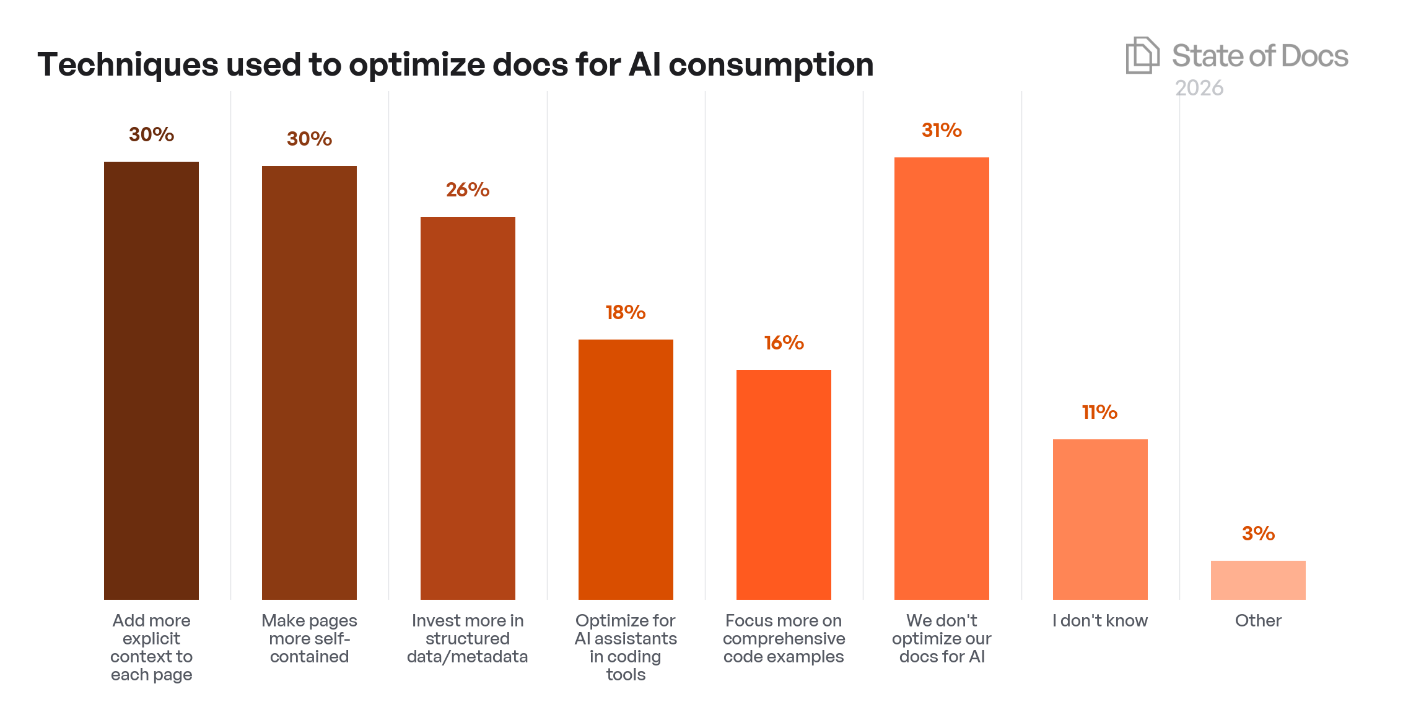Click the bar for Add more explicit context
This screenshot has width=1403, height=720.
tap(151, 380)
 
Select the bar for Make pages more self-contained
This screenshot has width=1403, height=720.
tap(309, 382)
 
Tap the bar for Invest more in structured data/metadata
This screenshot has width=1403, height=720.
tap(468, 408)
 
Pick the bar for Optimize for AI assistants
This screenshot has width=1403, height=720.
tap(626, 469)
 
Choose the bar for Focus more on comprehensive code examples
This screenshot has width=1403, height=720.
tap(784, 485)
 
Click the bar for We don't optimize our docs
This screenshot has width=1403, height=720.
tap(942, 378)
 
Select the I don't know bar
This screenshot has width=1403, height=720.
tap(1100, 519)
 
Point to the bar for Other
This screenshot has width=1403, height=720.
tap(1258, 580)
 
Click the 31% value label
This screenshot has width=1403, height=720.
tap(942, 130)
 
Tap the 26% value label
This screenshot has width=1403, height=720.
tap(468, 190)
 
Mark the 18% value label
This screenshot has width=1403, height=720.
tap(626, 312)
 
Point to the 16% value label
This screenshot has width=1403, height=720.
tap(784, 343)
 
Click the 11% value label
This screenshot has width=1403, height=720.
tap(1099, 412)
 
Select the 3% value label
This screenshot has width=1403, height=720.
tap(1258, 533)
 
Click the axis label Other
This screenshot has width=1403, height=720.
tap(1258, 620)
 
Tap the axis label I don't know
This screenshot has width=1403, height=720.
tap(1100, 620)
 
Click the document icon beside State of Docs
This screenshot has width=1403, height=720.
tap(1142, 55)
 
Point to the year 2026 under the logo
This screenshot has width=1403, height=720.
tap(1199, 88)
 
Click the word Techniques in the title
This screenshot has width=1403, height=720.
tap(128, 64)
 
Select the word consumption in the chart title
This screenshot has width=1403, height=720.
tap(771, 64)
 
